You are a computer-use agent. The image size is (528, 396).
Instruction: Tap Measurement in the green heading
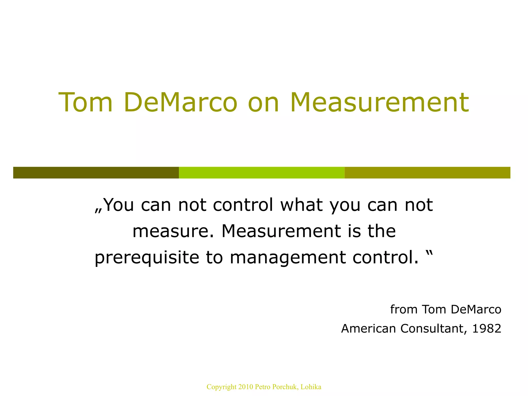click(x=379, y=102)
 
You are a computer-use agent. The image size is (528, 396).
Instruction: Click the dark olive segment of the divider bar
click(x=96, y=172)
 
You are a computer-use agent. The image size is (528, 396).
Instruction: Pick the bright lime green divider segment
click(x=262, y=172)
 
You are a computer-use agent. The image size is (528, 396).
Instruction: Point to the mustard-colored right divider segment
click(x=427, y=172)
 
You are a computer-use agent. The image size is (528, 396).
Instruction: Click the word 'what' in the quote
click(x=301, y=205)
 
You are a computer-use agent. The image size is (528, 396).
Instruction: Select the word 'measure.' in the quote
click(x=173, y=231)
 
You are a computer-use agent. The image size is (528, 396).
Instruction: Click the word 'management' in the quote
click(x=288, y=258)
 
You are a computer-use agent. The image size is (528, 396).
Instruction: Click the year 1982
click(x=487, y=328)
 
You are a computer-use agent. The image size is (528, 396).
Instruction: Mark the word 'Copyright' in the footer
click(x=221, y=387)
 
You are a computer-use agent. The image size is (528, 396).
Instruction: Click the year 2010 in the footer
click(x=246, y=387)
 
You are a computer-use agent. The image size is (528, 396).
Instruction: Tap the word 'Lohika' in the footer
click(x=311, y=387)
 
